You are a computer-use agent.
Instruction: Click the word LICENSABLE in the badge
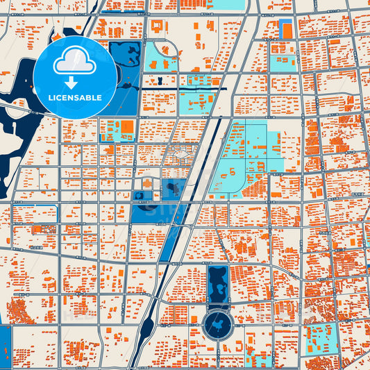point(74,98)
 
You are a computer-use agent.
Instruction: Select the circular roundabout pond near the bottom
point(219,326)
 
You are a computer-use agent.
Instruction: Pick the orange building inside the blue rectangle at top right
point(285,29)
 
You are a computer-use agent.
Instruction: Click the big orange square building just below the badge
point(127,127)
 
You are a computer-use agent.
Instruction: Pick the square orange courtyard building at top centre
point(158,26)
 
